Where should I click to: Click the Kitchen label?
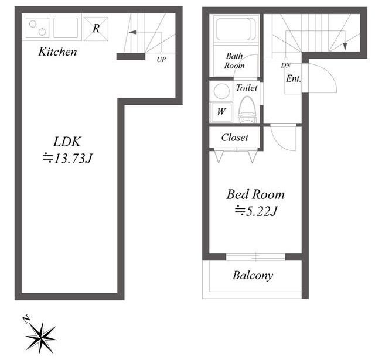pyautogui.click(x=57, y=52)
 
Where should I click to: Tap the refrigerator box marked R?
pyautogui.click(x=96, y=29)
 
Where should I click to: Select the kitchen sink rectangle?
pyautogui.click(x=66, y=28)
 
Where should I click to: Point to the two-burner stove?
pyautogui.click(x=37, y=28)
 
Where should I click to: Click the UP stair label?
pyautogui.click(x=161, y=60)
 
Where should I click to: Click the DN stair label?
pyautogui.click(x=286, y=65)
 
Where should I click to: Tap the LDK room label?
pyautogui.click(x=67, y=142)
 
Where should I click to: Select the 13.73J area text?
pyautogui.click(x=67, y=159)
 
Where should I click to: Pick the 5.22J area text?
pyautogui.click(x=256, y=211)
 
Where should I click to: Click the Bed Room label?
pyautogui.click(x=255, y=194)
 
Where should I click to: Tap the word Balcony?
pyautogui.click(x=253, y=276)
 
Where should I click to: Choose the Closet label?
pyautogui.click(x=234, y=138)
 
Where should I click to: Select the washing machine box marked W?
pyautogui.click(x=221, y=112)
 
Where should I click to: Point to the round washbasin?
pyautogui.click(x=221, y=91)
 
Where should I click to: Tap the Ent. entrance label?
pyautogui.click(x=293, y=78)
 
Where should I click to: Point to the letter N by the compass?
pyautogui.click(x=26, y=319)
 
